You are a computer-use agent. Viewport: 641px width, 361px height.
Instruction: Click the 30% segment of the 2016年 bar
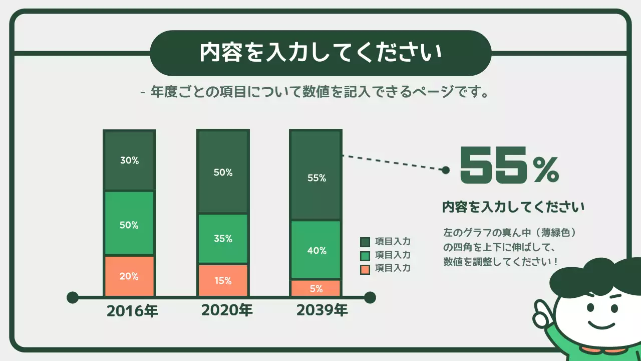(129, 160)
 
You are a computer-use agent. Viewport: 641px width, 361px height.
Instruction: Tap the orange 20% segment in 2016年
(129, 276)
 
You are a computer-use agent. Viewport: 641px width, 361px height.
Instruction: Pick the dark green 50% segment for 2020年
(223, 172)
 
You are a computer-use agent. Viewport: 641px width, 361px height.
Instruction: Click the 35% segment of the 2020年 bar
(223, 239)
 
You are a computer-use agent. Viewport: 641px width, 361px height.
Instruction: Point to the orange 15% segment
(223, 280)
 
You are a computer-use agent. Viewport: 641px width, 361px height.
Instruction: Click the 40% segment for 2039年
(316, 250)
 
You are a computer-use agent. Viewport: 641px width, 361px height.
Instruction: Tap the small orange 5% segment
(316, 288)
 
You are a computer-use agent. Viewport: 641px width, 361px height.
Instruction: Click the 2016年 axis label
(132, 311)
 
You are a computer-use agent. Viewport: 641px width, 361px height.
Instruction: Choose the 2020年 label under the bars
(227, 310)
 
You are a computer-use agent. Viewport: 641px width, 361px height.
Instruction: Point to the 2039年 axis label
(322, 310)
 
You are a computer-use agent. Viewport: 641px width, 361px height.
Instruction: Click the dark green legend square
(365, 242)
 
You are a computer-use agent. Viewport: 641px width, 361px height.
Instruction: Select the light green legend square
(365, 255)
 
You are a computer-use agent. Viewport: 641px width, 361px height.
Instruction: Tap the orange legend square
(365, 269)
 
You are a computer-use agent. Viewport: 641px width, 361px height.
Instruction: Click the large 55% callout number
(509, 165)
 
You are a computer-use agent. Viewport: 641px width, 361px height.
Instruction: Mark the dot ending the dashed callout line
(445, 170)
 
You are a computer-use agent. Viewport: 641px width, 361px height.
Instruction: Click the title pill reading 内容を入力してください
(320, 53)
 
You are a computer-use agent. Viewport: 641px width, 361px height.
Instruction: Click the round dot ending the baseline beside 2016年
(73, 297)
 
